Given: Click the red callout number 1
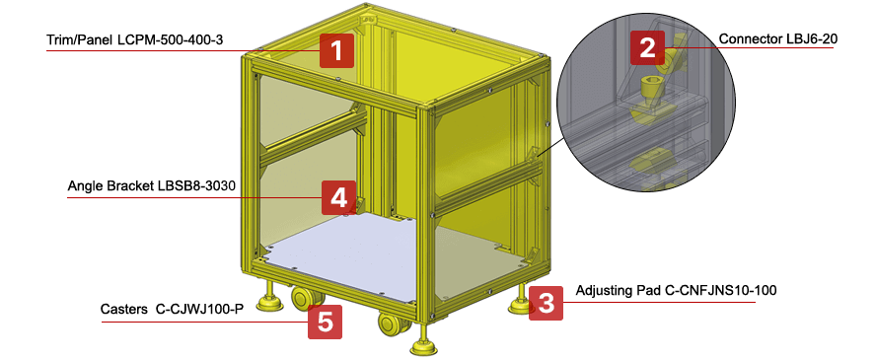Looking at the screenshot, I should click(336, 50).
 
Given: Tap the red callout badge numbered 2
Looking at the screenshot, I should click(647, 47).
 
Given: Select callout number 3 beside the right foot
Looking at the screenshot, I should click(546, 303).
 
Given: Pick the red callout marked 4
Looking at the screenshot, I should click(338, 197).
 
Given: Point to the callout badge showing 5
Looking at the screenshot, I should click(325, 322).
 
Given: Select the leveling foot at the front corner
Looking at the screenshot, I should click(425, 345).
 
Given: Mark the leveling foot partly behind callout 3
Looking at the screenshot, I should click(520, 305).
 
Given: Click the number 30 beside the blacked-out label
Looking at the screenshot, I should click(229, 185).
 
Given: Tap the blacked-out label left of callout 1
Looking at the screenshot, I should click(162, 36).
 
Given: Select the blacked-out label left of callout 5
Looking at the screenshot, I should click(169, 307).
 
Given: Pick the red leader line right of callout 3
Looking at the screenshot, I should click(661, 302).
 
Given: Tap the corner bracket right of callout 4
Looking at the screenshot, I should click(360, 204).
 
